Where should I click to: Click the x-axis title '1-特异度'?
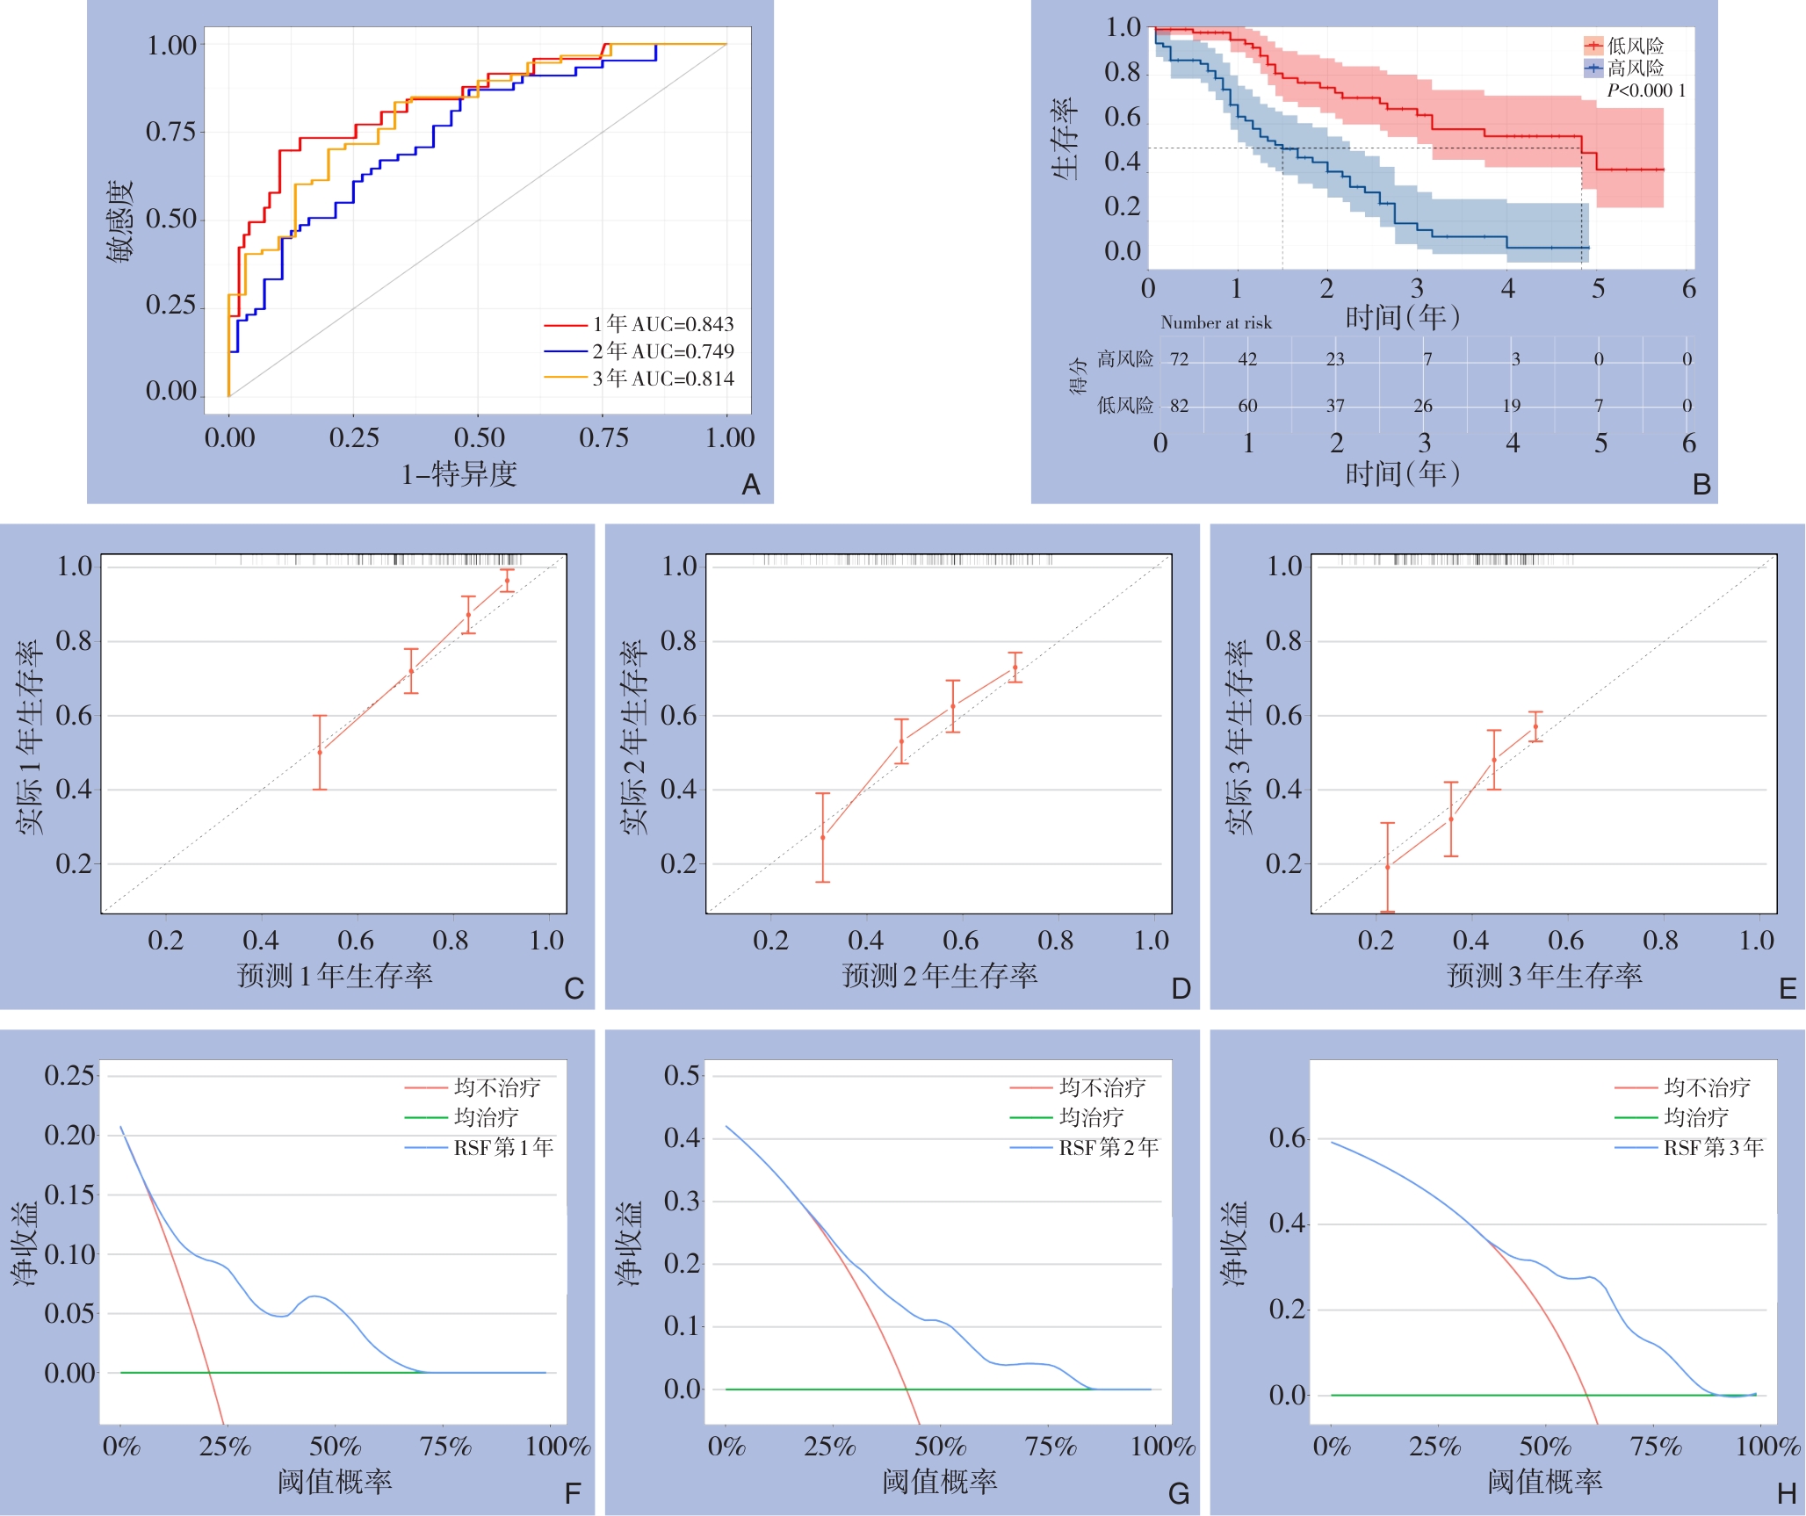(459, 474)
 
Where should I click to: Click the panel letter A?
(750, 484)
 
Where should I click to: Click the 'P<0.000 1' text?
(1645, 90)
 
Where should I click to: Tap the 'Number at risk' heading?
(1216, 322)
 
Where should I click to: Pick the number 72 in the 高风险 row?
(1179, 359)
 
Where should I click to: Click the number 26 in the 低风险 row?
(1423, 406)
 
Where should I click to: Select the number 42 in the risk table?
(1247, 359)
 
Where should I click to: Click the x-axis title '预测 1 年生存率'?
(335, 975)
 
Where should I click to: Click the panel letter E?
(1787, 989)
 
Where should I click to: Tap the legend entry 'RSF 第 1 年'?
(502, 1147)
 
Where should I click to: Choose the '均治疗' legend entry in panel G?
(1091, 1117)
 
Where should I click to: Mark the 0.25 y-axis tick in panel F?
(69, 1075)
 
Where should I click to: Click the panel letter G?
(1179, 1493)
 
